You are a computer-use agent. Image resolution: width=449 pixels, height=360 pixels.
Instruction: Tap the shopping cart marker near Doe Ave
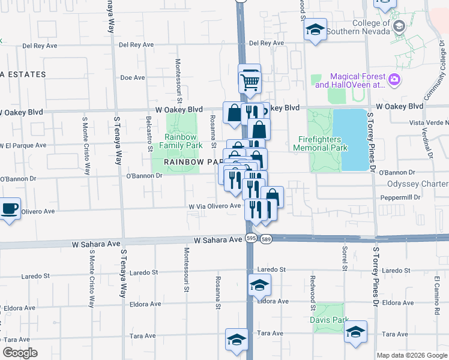pyautogui.click(x=250, y=81)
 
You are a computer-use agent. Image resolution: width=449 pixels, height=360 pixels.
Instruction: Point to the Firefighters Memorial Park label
pyautogui.click(x=323, y=143)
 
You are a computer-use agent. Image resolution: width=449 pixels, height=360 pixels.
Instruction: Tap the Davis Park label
pyautogui.click(x=328, y=320)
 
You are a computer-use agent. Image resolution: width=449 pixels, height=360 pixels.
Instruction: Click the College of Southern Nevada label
pyautogui.click(x=367, y=27)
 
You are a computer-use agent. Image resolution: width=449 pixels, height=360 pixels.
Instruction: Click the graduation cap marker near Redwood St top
pyautogui.click(x=315, y=30)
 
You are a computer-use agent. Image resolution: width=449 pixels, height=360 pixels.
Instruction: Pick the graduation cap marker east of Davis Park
pyautogui.click(x=355, y=332)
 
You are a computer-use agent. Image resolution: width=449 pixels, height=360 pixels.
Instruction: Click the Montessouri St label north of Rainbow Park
pyautogui.click(x=178, y=77)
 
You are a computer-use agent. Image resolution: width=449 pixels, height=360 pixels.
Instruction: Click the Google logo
pyautogui.click(x=20, y=353)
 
